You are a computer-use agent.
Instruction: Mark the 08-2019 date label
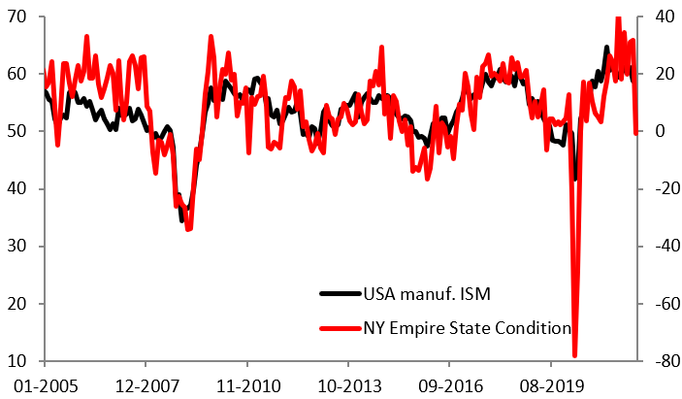pyautogui.click(x=547, y=384)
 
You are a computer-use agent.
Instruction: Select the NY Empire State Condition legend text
pyautogui.click(x=467, y=328)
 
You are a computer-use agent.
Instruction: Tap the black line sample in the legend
pyautogui.click(x=340, y=293)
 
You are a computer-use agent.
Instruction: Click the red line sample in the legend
pyautogui.click(x=340, y=328)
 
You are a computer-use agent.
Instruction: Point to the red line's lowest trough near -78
pyautogui.click(x=574, y=355)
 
